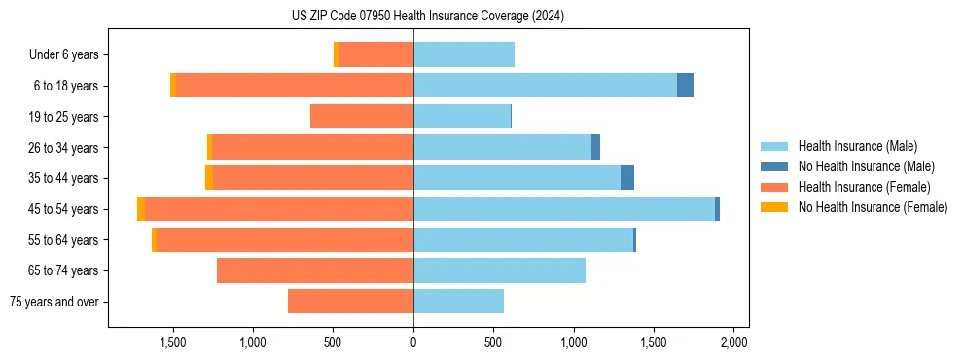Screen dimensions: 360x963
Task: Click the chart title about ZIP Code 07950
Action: (x=427, y=16)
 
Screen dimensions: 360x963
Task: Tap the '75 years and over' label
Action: (x=54, y=302)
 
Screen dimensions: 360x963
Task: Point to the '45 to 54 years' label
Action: (x=64, y=209)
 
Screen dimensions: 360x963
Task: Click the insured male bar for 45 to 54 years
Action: (x=564, y=209)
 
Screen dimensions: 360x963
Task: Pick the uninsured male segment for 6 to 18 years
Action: (x=685, y=86)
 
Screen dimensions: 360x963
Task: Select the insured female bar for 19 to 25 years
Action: (x=362, y=117)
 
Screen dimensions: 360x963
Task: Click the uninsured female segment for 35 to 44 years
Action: (x=209, y=178)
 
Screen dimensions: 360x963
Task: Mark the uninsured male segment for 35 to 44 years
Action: (x=627, y=178)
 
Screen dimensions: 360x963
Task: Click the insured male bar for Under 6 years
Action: (x=464, y=55)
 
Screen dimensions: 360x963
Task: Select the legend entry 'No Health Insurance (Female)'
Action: (x=873, y=207)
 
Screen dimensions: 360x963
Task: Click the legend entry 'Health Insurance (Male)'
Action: (x=857, y=146)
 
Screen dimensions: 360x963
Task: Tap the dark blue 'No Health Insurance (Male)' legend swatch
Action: (x=774, y=166)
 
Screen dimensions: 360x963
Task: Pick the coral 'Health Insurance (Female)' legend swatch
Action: (x=774, y=187)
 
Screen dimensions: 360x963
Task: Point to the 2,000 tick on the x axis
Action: (x=733, y=342)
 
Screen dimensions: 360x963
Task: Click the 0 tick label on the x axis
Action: (x=413, y=342)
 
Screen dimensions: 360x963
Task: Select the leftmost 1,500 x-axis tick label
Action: (x=173, y=342)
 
